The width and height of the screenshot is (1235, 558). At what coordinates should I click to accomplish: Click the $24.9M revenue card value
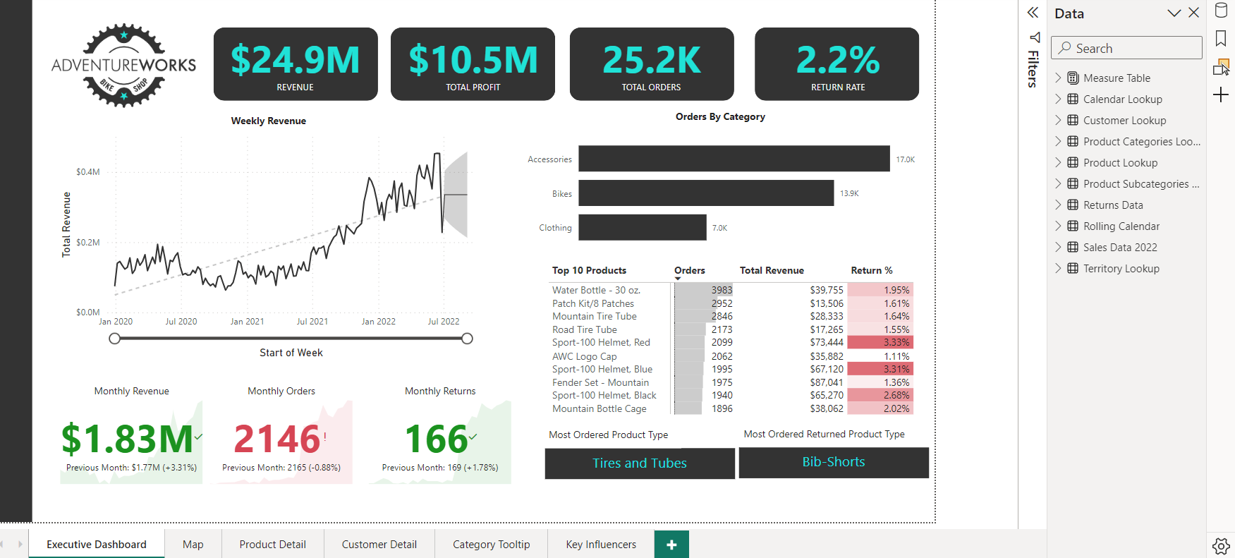tap(295, 60)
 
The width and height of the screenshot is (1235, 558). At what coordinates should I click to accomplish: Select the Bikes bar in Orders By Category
tap(705, 193)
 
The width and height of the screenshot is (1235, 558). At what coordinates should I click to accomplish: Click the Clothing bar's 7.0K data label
tap(719, 228)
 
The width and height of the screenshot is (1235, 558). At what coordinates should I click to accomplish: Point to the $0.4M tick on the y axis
tap(88, 172)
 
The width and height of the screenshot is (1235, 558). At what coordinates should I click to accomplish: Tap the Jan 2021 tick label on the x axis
tap(247, 322)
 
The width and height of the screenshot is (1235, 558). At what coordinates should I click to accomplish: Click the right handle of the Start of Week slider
tap(467, 339)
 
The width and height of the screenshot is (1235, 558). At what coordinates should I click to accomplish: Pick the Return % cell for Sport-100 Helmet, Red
tap(880, 343)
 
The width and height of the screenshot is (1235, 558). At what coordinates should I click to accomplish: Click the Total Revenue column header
tap(772, 271)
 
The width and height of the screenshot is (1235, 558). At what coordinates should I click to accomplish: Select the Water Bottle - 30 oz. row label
tap(596, 290)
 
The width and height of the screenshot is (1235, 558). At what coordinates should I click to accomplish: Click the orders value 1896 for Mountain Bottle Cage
tap(722, 409)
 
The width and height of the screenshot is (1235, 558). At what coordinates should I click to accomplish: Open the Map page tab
tap(193, 545)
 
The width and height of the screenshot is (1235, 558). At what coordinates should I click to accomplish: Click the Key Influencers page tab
tap(601, 545)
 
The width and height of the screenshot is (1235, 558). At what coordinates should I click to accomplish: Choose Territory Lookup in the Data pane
tap(1121, 269)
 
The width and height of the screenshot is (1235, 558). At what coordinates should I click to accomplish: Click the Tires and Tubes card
tap(639, 463)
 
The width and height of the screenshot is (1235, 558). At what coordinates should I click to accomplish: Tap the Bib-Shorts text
tap(833, 462)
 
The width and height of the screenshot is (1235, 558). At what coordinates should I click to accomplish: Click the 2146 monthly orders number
tap(277, 439)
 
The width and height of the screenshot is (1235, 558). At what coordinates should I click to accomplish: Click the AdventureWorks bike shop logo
tap(124, 66)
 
